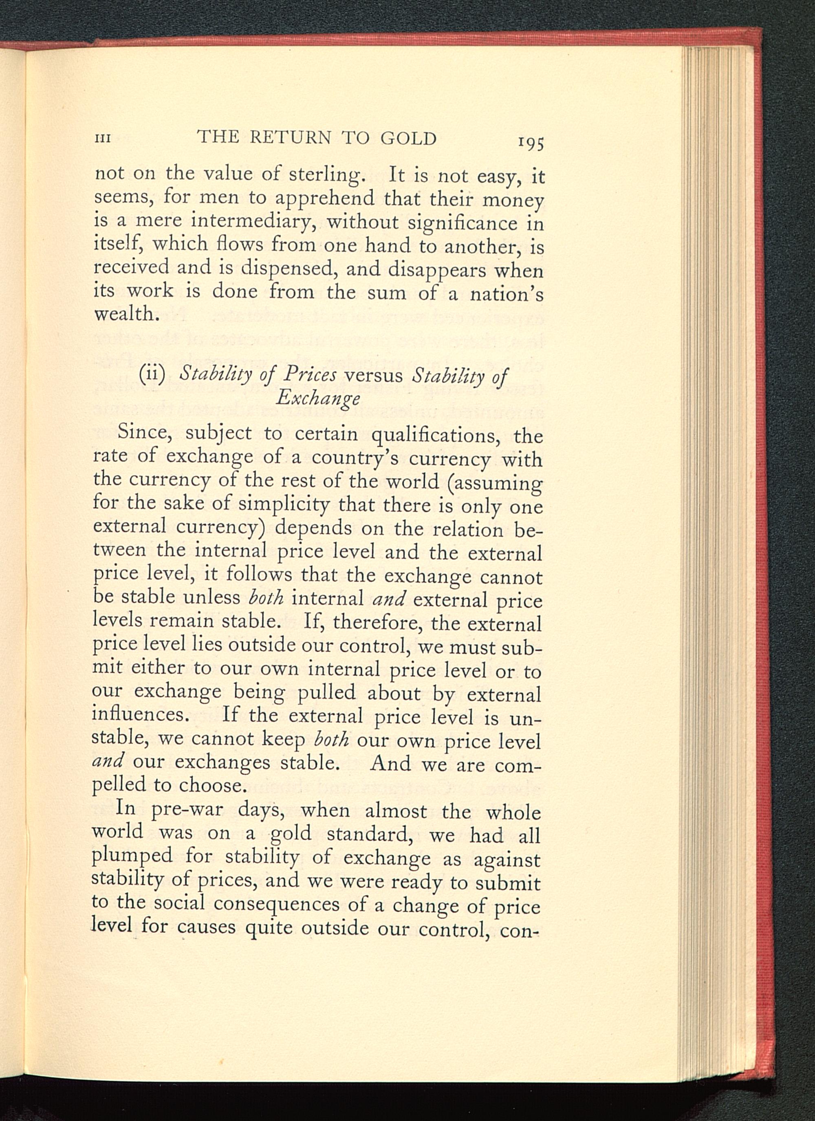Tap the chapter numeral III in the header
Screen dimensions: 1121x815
[x=102, y=139]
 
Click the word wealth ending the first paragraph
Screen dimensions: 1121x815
[x=123, y=314]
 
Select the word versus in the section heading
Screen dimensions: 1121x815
[x=373, y=376]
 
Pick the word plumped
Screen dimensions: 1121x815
[x=132, y=858]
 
